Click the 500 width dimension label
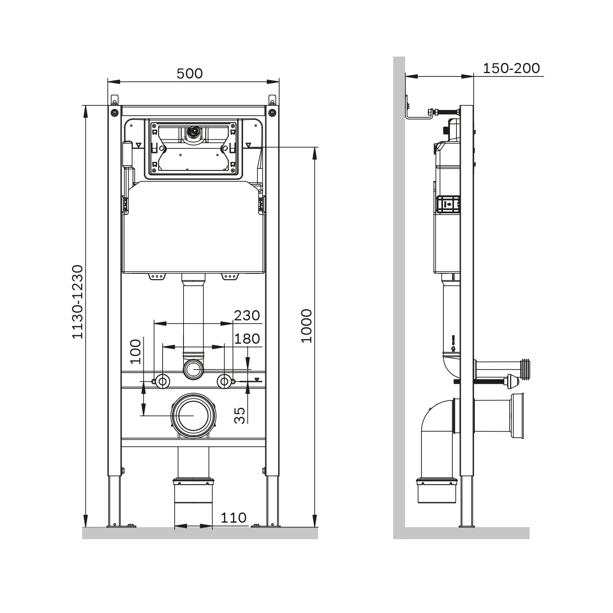point(190,74)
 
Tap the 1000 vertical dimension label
point(306,326)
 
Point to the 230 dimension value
point(247,315)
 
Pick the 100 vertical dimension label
point(135,351)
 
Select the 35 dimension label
point(240,415)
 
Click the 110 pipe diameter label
point(233,518)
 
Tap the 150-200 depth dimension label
point(511,68)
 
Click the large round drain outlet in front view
point(193,416)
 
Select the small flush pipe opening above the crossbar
point(193,369)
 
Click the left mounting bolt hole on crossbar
point(163,381)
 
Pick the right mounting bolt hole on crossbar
point(224,381)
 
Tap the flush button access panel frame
point(193,148)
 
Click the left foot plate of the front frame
point(121,526)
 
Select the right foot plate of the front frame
point(266,526)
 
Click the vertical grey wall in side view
point(399,286)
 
